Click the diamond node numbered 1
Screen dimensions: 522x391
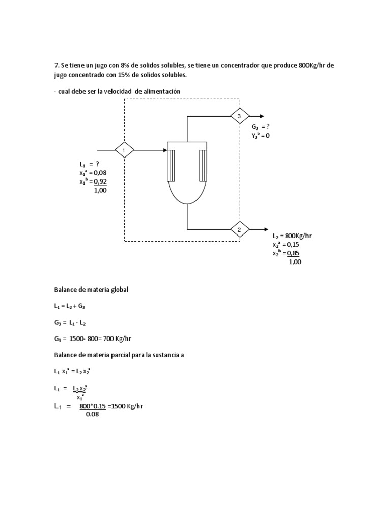point(124,150)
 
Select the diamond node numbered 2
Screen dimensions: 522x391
point(239,229)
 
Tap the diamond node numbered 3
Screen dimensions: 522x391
point(239,116)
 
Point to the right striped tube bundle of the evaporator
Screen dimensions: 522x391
point(204,165)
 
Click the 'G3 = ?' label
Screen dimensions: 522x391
point(261,127)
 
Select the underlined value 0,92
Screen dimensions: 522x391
point(100,181)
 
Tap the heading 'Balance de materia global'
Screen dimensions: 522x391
point(92,290)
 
